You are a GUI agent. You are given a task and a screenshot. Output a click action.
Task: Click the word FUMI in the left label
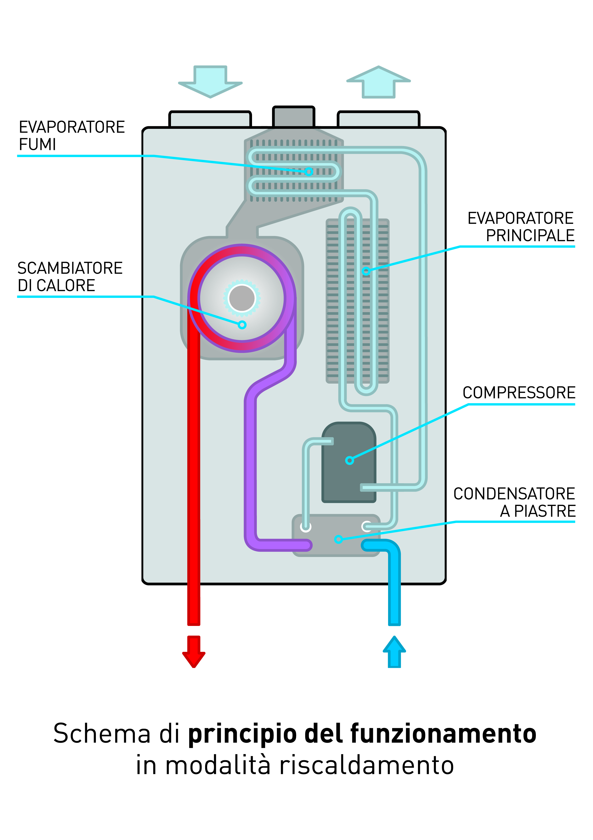coord(37,145)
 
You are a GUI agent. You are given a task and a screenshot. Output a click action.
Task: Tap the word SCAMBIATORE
coord(70,268)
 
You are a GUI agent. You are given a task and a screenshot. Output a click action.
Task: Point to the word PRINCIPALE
coord(530,236)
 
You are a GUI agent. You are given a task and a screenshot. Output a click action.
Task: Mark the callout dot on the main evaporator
coord(366,271)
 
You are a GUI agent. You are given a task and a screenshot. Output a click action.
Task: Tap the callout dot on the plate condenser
coord(338,539)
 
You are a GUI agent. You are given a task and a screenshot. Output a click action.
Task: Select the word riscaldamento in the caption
coord(367,765)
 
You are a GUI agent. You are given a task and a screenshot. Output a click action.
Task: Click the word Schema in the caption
coord(102,733)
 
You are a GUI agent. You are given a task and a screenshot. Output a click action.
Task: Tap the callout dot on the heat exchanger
coord(242,324)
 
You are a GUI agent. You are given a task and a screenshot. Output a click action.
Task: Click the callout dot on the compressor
coord(349,460)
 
